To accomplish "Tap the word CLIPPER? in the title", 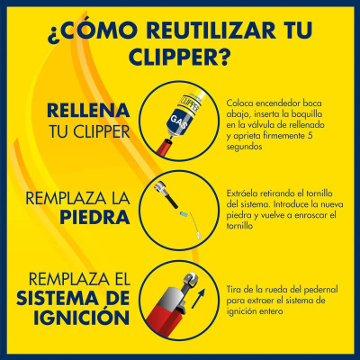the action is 180,57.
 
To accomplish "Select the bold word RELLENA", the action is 88,111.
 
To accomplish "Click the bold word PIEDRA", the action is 94,217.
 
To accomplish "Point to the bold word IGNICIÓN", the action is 82,318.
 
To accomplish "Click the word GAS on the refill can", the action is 178,122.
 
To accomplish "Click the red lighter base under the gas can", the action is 166,148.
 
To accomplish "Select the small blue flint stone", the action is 184,214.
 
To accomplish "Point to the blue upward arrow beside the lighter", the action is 199,299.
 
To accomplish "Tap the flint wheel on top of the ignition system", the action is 189,279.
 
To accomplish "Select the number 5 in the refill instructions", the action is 310,136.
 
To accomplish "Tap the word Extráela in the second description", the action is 241,193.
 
